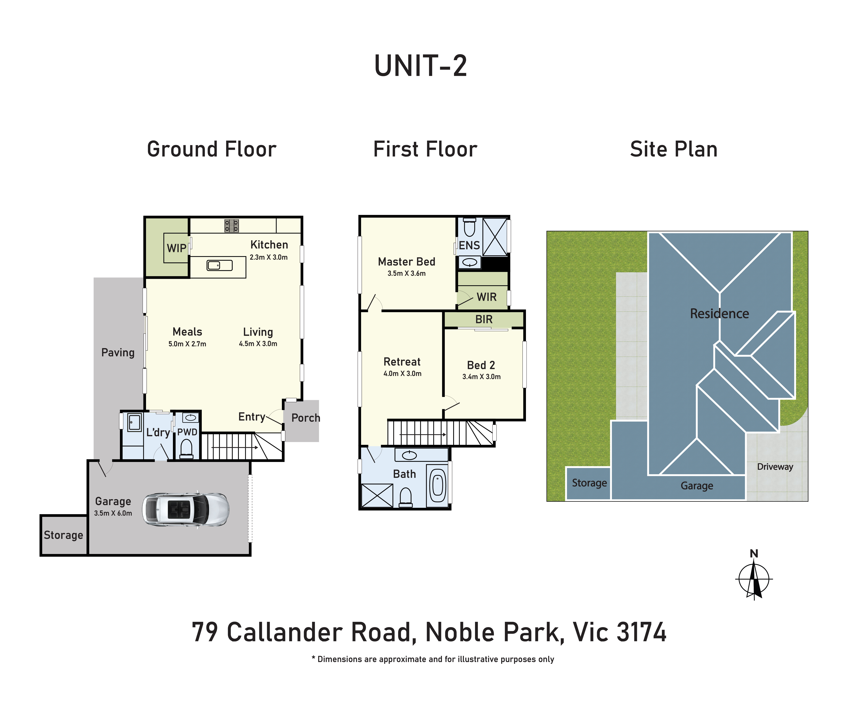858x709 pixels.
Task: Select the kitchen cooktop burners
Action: [x=231, y=226]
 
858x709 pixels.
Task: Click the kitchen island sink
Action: [x=220, y=265]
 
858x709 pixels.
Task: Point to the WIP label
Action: [x=176, y=248]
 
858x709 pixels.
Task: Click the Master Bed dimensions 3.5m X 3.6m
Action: [x=407, y=273]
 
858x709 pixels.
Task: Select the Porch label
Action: [x=306, y=418]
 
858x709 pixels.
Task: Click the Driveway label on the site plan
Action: [x=775, y=467]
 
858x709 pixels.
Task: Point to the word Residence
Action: [x=719, y=314]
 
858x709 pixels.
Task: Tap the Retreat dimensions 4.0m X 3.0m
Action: [x=402, y=373]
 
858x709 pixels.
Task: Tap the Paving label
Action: [x=118, y=352]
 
